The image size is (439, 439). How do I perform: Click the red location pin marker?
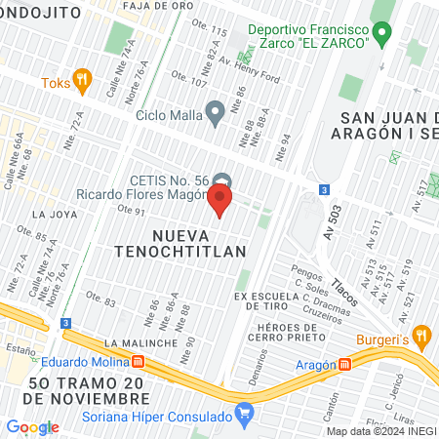219,201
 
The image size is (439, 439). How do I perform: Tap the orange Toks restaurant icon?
83,82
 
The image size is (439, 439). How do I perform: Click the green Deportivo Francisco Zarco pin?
383,35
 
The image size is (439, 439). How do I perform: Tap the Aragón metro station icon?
345,365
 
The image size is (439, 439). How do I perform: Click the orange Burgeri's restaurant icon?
421,337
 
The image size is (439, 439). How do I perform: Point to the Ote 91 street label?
131,210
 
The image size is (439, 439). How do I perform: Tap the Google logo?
32,427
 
